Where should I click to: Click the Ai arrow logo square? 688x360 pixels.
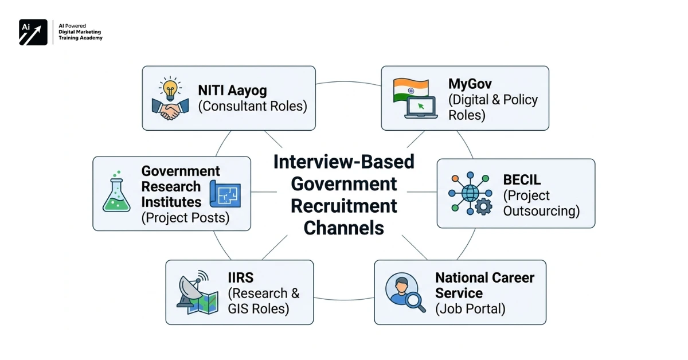tap(33, 32)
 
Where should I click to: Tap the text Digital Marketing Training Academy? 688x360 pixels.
tap(80, 35)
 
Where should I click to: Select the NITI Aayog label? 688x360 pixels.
tap(232, 90)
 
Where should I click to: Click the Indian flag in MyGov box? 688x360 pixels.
tap(411, 89)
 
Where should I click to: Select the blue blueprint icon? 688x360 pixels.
tap(225, 193)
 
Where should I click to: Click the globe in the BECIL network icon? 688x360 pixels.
tap(470, 193)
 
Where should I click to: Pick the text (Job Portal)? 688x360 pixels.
tap(470, 309)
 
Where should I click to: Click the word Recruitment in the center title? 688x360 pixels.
tap(344, 206)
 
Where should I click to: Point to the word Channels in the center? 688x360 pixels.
tap(344, 228)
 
